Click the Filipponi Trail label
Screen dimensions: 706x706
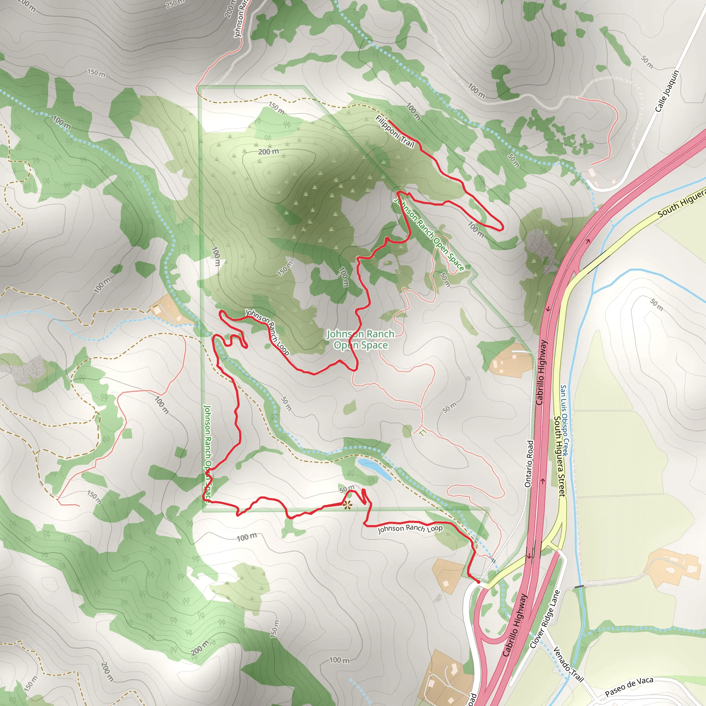pyautogui.click(x=395, y=132)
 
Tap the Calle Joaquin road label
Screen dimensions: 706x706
pyautogui.click(x=667, y=91)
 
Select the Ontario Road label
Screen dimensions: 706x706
pyautogui.click(x=529, y=464)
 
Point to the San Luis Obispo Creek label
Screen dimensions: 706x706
pyautogui.click(x=565, y=420)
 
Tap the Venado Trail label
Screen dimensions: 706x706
pyautogui.click(x=568, y=664)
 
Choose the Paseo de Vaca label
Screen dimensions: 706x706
pyautogui.click(x=628, y=687)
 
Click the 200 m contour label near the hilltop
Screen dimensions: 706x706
pyautogui.click(x=269, y=152)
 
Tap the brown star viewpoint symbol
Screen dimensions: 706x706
pyautogui.click(x=347, y=506)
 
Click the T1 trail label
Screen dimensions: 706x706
pyautogui.click(x=423, y=433)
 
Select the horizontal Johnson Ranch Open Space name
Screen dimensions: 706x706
pyautogui.click(x=361, y=340)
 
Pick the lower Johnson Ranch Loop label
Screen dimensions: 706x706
pyautogui.click(x=410, y=528)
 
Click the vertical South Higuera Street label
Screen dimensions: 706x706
pyautogui.click(x=559, y=456)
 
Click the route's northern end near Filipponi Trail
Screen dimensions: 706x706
pyautogui.click(x=389, y=120)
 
